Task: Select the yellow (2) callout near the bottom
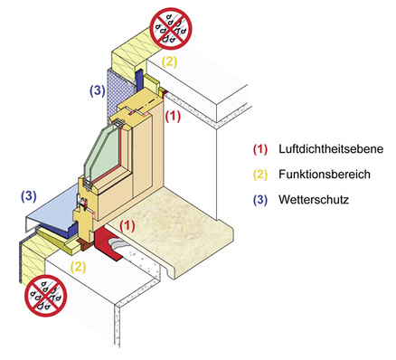coord(80,268)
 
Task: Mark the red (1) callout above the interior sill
coord(128,222)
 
